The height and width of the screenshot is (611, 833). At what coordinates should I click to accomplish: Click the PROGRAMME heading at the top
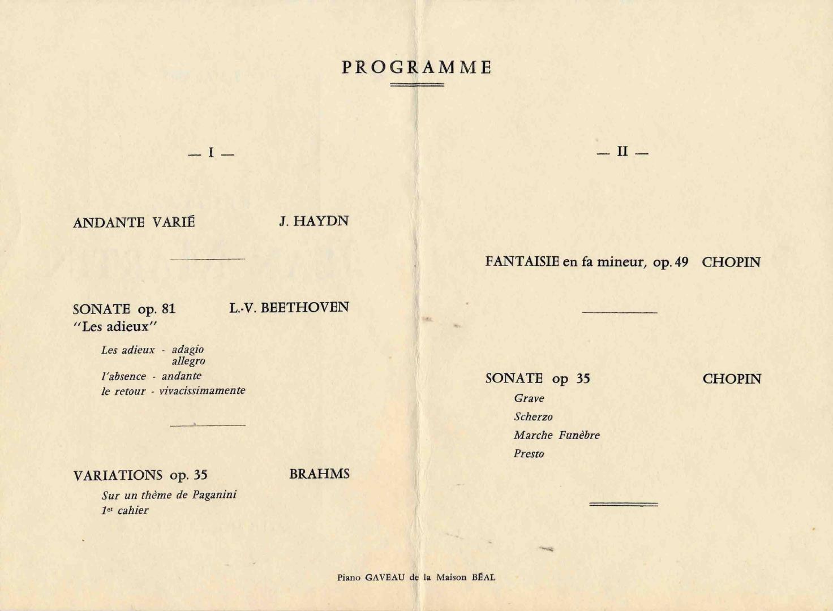point(416,67)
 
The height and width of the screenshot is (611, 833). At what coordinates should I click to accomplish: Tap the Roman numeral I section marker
point(211,153)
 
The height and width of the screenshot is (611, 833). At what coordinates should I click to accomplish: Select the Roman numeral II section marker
point(622,152)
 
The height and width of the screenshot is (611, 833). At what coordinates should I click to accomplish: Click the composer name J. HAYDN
point(314,221)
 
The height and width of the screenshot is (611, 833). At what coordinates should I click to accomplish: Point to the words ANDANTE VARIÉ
point(134,222)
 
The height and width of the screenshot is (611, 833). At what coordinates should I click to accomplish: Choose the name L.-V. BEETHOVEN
point(289,308)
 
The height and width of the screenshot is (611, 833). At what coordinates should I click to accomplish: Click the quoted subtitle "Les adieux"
point(115,326)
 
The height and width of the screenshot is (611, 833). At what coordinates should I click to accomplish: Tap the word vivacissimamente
point(202,390)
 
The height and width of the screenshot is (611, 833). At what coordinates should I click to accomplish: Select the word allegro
point(188,361)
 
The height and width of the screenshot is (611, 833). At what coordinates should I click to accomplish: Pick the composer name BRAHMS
point(319,474)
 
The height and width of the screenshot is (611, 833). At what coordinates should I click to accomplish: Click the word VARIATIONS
point(118,476)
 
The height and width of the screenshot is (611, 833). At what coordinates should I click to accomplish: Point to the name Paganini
point(214,495)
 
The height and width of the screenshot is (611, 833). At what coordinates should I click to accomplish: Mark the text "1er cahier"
point(125,510)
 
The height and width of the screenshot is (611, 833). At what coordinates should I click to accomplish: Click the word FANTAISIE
point(522,262)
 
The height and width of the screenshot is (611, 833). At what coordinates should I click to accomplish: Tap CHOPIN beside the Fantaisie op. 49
point(731,263)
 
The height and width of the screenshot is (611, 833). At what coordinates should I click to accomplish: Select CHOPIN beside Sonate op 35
point(732,379)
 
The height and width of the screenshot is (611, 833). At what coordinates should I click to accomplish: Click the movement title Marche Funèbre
point(556,435)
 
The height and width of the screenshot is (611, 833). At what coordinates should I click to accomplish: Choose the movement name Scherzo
point(533,417)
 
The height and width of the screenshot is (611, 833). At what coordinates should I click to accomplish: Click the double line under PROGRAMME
point(417,85)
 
